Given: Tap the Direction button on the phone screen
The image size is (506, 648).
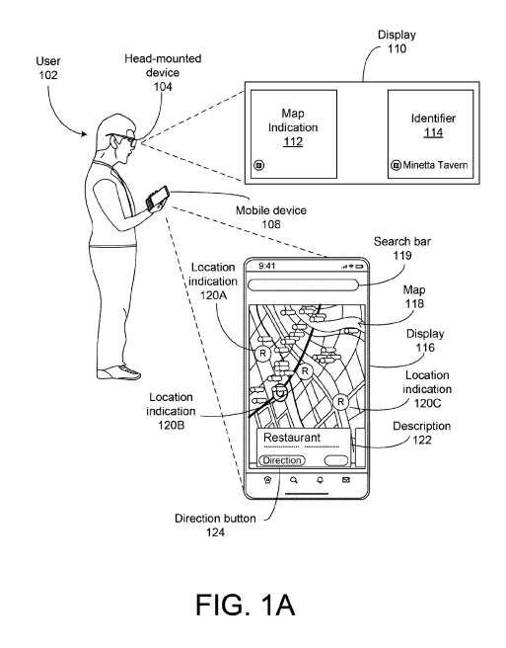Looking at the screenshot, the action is coord(282,460).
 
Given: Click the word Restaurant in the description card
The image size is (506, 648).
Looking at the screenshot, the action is coord(292,438).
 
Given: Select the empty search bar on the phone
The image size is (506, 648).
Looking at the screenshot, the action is coord(303,285).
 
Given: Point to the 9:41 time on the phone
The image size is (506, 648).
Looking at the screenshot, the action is coord(267,266).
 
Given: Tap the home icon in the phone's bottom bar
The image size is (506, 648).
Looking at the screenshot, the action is coord(268,480).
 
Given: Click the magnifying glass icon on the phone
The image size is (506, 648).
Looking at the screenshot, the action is coord(294,480).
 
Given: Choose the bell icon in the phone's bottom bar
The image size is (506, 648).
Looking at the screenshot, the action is coord(320,480).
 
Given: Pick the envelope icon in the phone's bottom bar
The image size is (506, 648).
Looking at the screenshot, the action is coord(346,480).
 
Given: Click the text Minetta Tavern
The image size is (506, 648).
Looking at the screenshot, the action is coord(435,165).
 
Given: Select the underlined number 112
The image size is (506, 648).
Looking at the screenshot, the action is coord(293,142).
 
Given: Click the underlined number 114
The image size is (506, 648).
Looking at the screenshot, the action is coord(433,132).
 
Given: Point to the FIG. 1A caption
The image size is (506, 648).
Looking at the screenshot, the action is coord(246,605).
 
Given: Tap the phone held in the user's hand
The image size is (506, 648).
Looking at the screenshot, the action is coord(157,198).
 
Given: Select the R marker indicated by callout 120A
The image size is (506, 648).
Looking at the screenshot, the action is coord(262,354).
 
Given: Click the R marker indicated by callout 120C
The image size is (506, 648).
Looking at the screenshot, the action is coord(340,401).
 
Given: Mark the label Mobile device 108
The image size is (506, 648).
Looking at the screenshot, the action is coord(271,217).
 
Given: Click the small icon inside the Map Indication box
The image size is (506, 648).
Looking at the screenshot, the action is coord(258,165).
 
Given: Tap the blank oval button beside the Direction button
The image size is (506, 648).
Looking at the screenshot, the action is coord(336,460).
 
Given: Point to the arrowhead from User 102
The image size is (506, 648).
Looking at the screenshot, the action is coord(84,133).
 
